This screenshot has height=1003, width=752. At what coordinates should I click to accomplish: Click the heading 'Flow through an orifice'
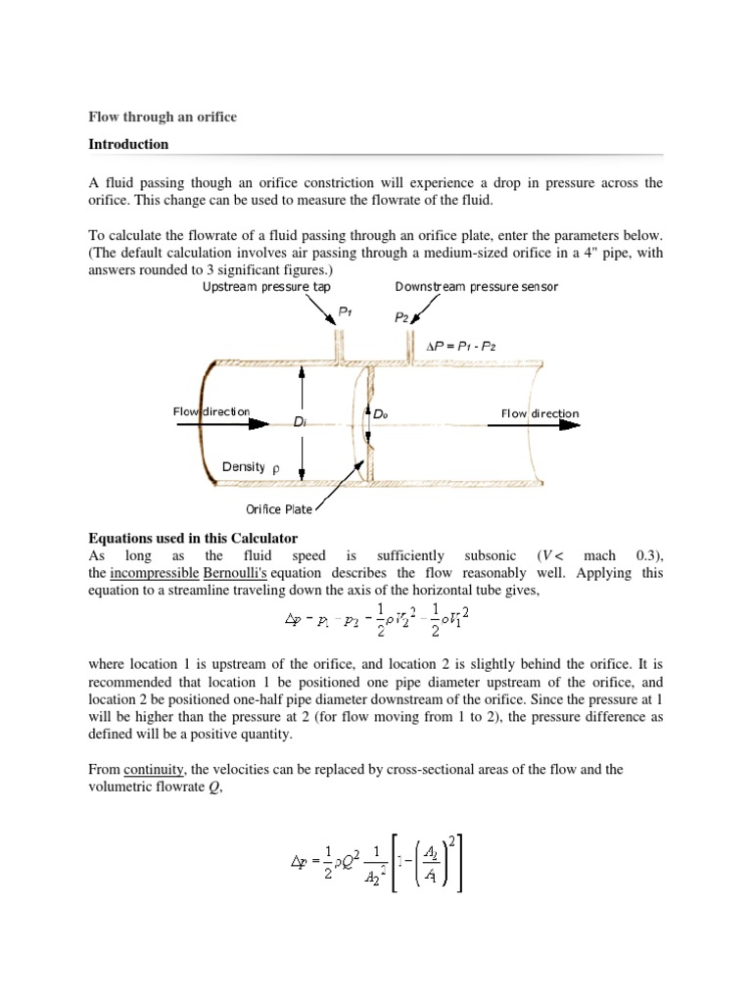163,118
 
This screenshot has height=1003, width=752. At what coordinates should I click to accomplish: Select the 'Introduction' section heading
128,144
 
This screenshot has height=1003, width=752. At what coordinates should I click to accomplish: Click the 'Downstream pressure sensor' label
476,287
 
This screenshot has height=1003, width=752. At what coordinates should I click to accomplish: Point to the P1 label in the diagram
344,310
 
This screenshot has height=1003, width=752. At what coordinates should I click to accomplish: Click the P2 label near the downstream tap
400,318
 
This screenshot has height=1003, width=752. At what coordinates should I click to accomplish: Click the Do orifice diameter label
381,414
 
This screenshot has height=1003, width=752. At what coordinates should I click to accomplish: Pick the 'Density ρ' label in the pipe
251,467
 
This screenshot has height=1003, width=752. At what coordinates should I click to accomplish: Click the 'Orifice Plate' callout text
277,509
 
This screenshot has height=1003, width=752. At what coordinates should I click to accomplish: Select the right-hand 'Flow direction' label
540,413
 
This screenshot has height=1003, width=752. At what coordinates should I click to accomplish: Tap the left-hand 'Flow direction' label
211,412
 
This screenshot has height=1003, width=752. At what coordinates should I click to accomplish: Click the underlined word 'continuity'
155,770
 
